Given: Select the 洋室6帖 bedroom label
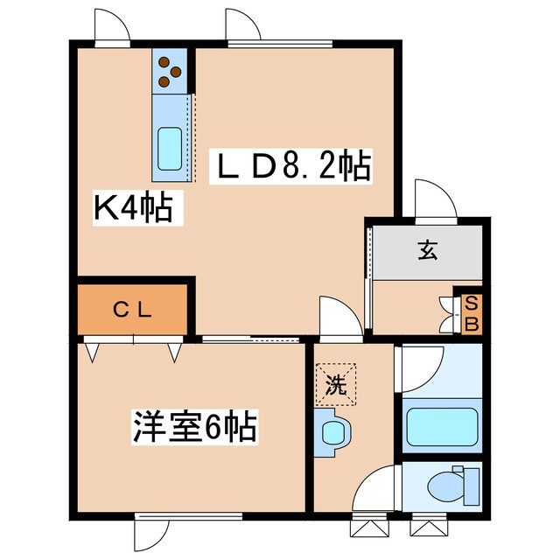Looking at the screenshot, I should tap(194, 428).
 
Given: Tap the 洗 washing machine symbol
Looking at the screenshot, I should tap(336, 382).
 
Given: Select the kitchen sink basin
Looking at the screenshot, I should tap(169, 148).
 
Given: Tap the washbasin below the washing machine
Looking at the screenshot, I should tap(334, 433).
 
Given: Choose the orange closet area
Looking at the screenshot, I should tap(133, 310).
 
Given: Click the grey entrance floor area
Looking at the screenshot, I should tap(427, 250).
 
